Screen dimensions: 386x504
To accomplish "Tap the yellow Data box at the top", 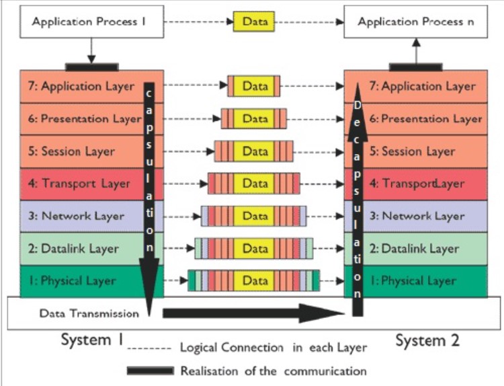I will coord(255,22).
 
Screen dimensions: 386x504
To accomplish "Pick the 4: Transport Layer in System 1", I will coord(78,184).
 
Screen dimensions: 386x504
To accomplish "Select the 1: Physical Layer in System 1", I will coord(78,281).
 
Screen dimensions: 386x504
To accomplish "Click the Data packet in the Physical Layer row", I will coord(255,281).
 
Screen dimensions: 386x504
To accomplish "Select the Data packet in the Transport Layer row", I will coord(255,184).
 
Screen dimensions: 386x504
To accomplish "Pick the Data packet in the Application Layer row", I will coord(255,87).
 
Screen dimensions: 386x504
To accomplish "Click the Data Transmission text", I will coord(89,313).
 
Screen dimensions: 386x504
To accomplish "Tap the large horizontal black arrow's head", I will coord(323,313).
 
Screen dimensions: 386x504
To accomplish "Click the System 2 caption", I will coord(427,340).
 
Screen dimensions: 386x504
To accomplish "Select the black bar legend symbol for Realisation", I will coord(151,371).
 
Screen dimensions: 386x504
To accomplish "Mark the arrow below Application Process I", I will coord(91,50).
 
